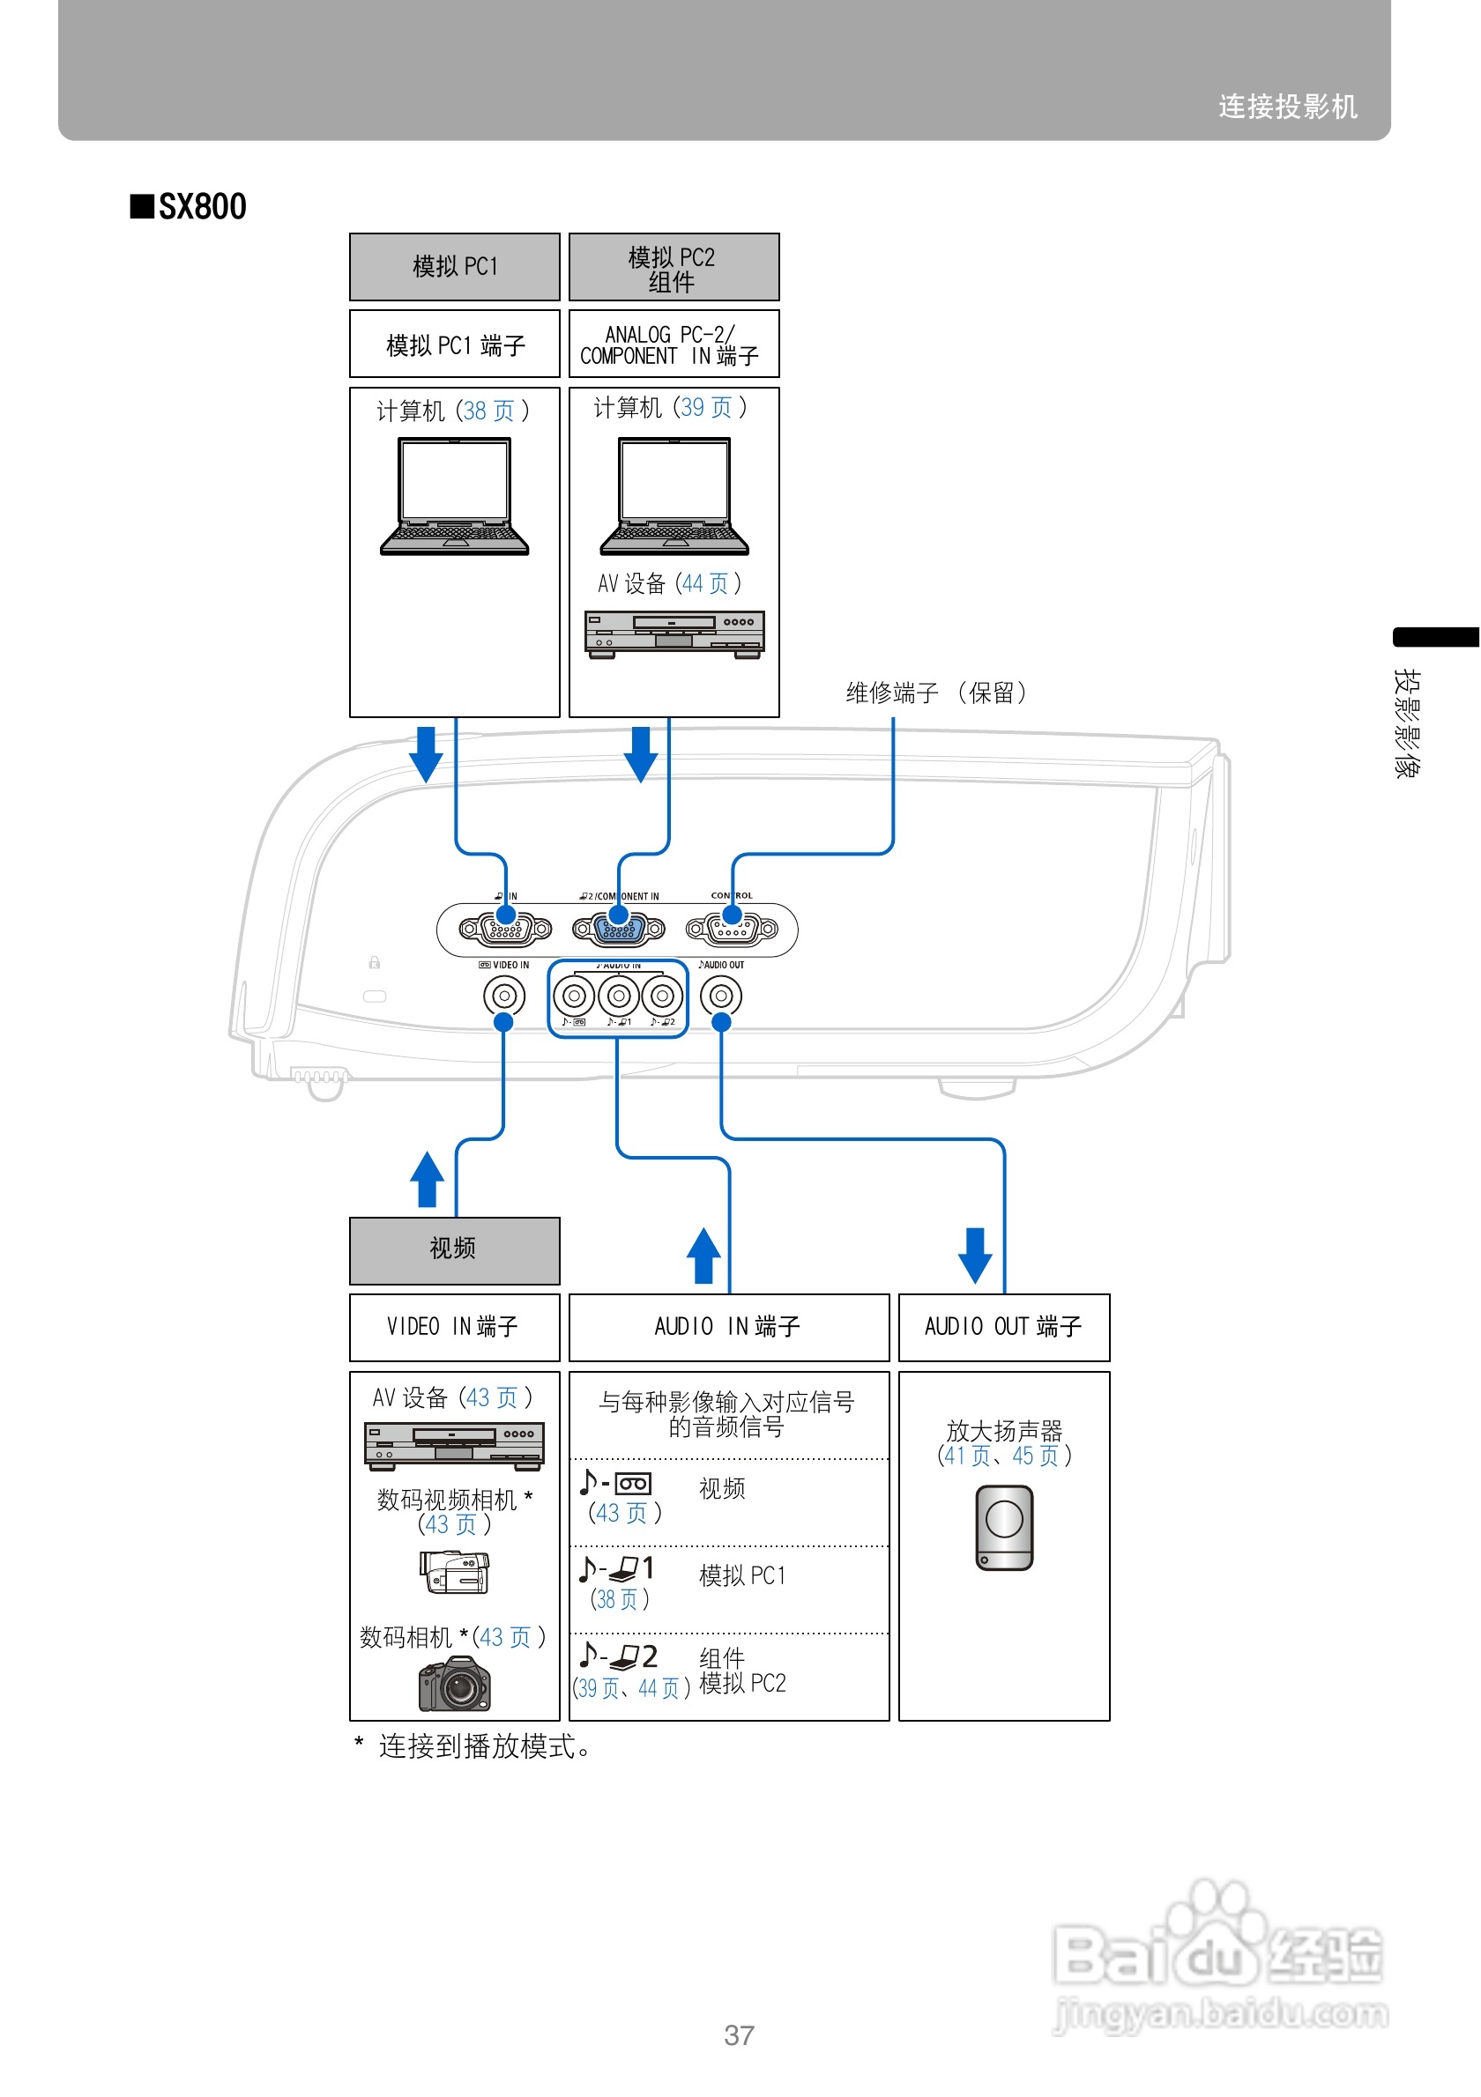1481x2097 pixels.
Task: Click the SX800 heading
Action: click(190, 206)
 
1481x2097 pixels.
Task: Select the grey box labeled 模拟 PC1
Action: click(454, 267)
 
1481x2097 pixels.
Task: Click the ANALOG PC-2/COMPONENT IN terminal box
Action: click(674, 345)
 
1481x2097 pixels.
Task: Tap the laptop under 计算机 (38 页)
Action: click(454, 497)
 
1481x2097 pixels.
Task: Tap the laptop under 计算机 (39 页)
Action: click(674, 497)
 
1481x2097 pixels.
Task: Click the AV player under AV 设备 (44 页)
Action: click(674, 633)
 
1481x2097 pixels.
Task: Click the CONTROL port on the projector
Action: click(731, 929)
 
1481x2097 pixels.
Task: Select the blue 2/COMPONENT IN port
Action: click(619, 929)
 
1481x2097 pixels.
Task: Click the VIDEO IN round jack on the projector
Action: click(503, 996)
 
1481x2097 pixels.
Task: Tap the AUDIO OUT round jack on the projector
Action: click(720, 996)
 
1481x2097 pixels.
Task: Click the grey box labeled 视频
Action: click(454, 1249)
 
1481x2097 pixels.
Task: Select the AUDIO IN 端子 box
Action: click(728, 1326)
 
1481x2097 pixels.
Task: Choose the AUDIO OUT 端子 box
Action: click(1003, 1326)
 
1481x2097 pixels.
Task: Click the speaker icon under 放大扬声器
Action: click(1003, 1527)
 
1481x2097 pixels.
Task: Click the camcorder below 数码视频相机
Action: click(454, 1572)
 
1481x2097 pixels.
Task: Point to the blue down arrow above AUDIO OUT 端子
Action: click(974, 1255)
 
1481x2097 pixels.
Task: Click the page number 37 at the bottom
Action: click(738, 2035)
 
